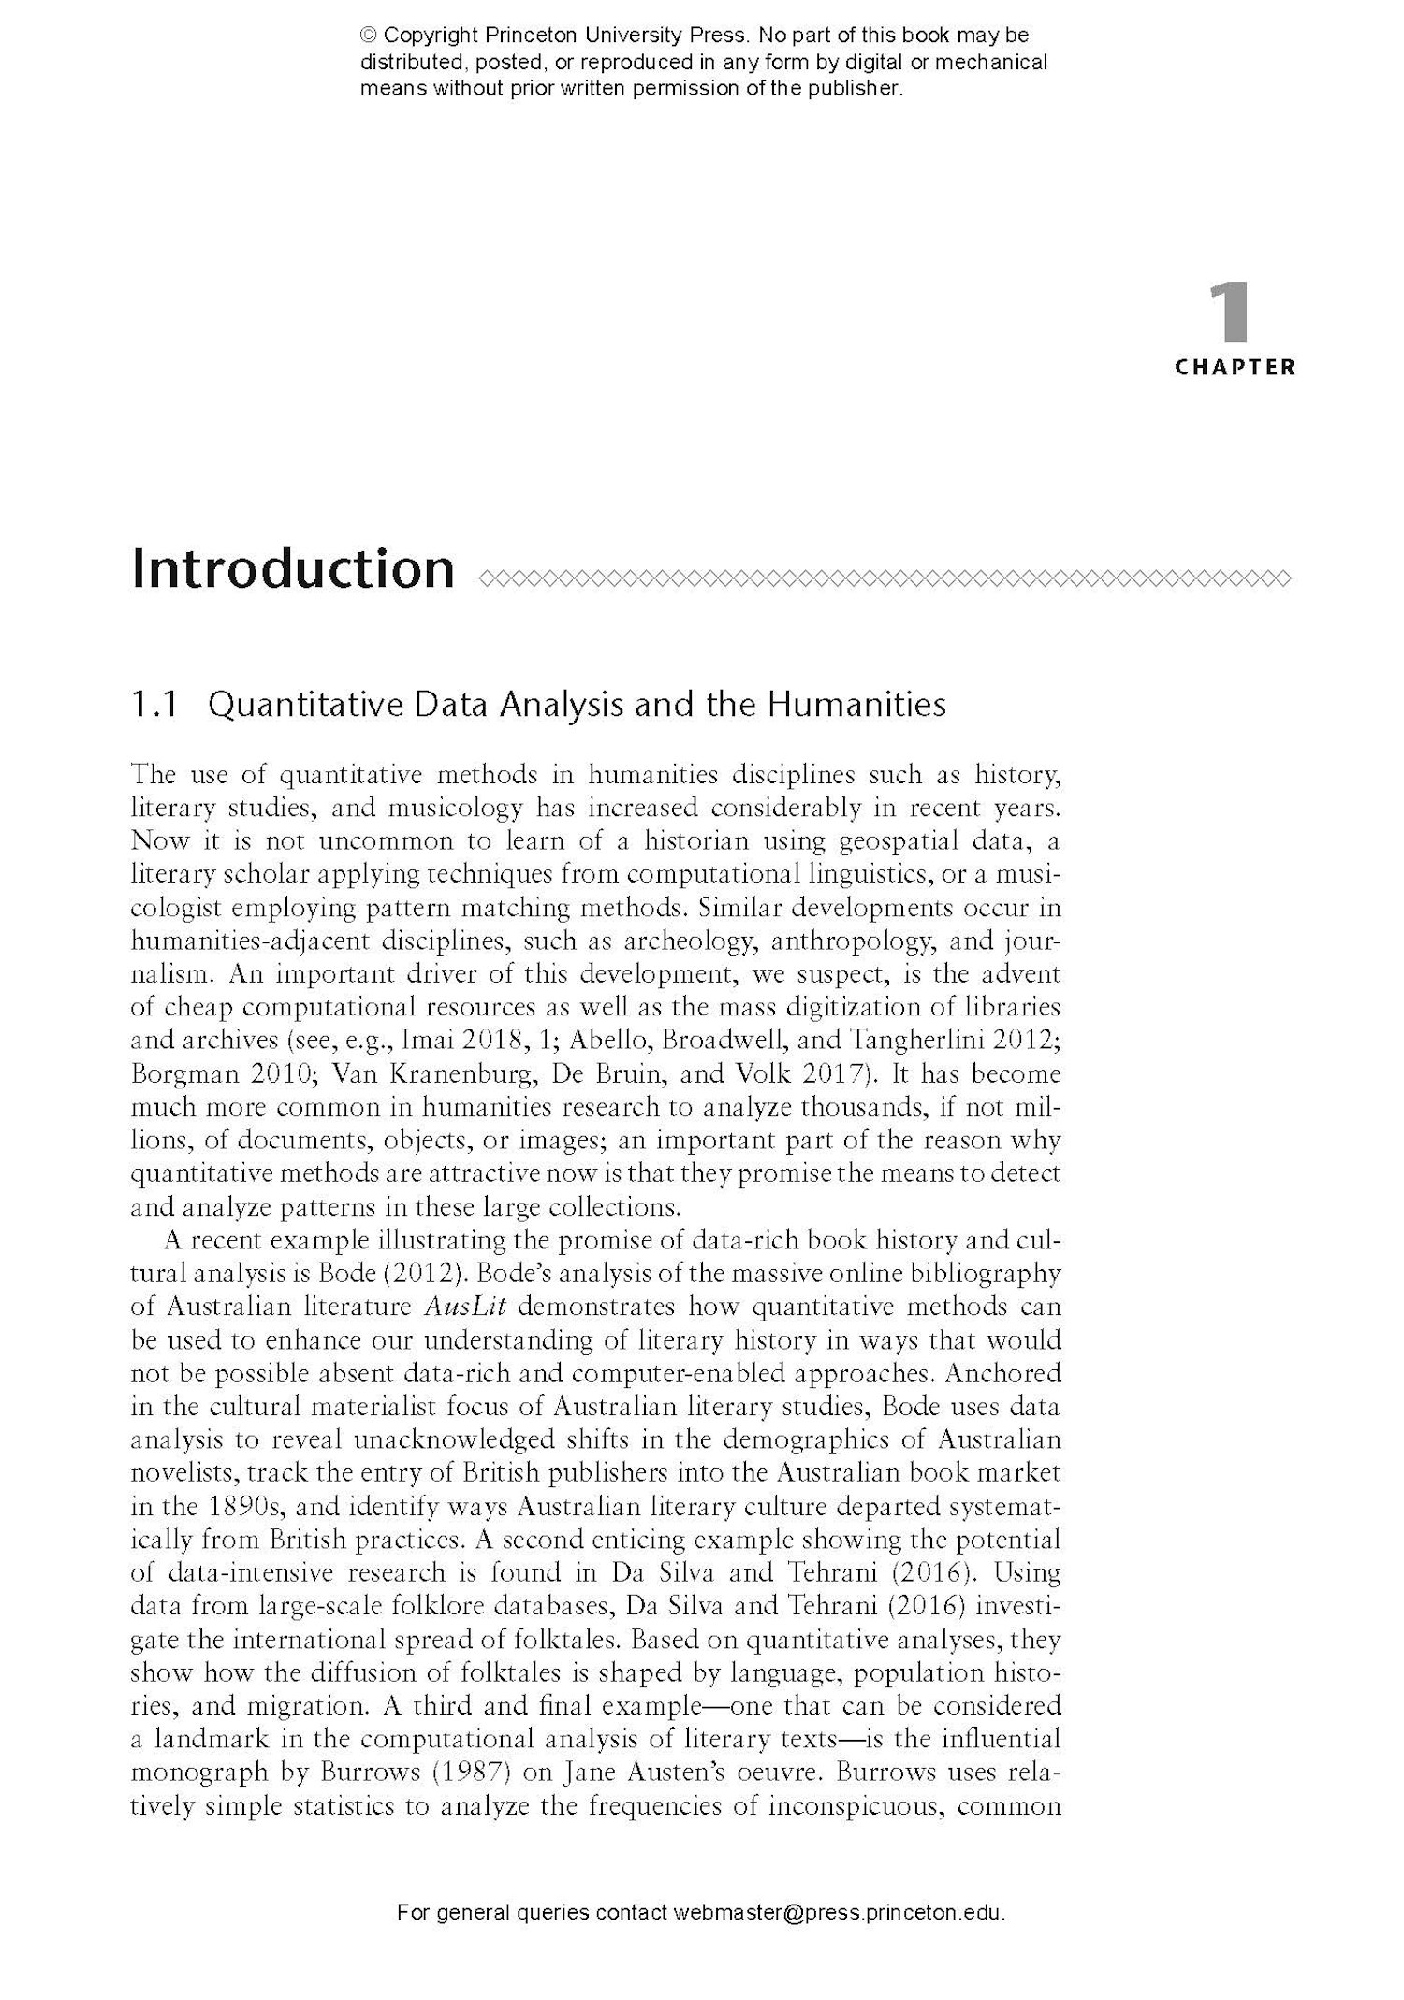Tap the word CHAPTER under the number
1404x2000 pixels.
1235,368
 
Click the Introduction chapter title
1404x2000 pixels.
293,569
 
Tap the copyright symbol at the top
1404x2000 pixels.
369,36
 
